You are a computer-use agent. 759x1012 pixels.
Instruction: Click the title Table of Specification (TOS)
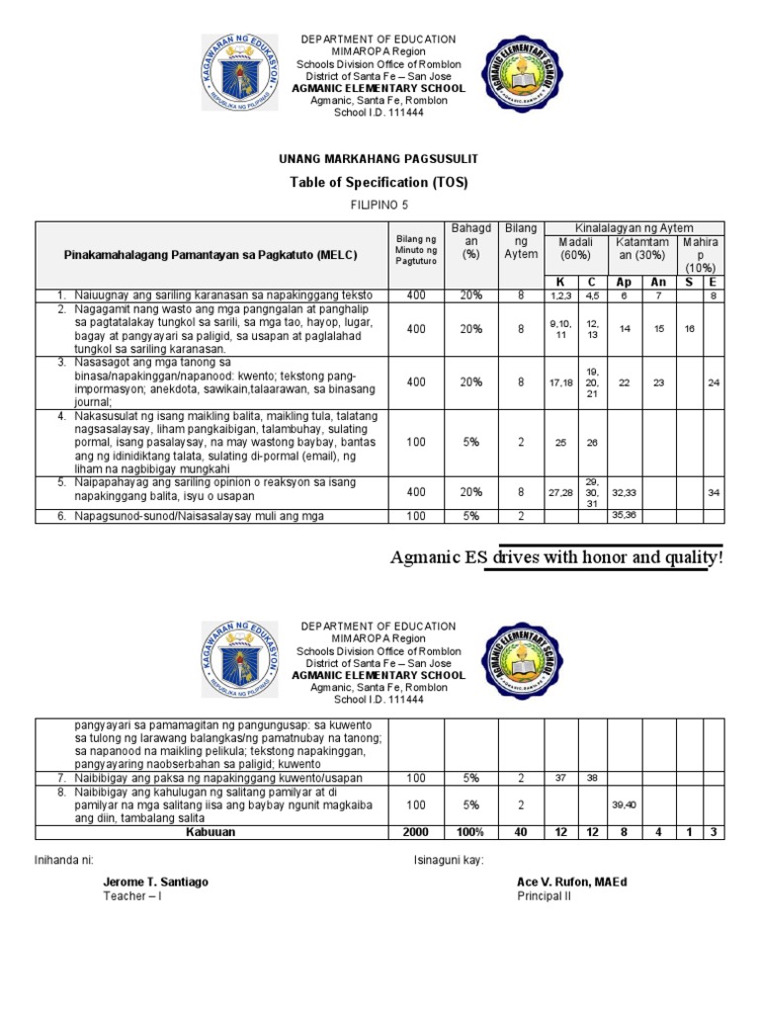[379, 182]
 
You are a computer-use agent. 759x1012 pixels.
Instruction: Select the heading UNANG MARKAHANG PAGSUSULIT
[379, 158]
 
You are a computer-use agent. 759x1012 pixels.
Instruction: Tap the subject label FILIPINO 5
[379, 206]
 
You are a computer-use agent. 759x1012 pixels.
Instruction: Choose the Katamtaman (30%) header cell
[642, 248]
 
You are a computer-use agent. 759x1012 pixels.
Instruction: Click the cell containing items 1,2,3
[559, 295]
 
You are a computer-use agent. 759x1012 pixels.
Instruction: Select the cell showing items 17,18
[559, 382]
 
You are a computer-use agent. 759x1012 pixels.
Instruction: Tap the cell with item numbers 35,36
[624, 515]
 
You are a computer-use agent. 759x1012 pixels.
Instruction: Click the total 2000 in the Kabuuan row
[416, 832]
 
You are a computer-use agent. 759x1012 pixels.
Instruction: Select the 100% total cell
[470, 832]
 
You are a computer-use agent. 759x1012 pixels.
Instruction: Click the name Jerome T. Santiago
[155, 882]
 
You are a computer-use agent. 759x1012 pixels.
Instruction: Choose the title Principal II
[545, 896]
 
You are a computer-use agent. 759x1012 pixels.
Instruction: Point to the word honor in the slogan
[613, 558]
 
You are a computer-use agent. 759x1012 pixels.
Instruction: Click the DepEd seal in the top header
[238, 73]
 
